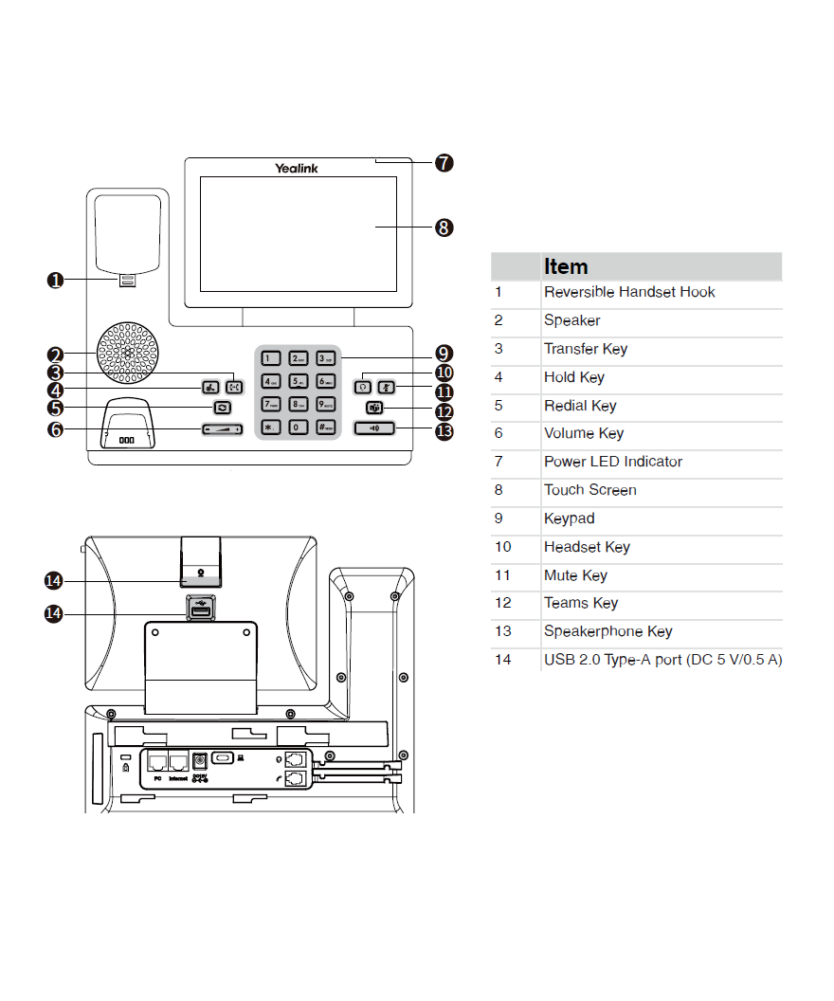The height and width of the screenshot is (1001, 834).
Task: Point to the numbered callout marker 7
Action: coord(444,163)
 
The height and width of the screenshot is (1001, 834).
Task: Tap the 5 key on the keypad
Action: coord(298,382)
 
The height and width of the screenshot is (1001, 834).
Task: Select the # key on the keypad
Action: coord(325,427)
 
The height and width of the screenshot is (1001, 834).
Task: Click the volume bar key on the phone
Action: coord(222,429)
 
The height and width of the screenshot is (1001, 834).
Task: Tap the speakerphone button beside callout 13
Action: coord(376,428)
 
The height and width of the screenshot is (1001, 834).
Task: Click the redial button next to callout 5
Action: coord(222,407)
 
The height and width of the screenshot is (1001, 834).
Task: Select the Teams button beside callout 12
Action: coord(375,408)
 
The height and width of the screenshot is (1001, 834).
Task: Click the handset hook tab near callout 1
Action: coord(127,281)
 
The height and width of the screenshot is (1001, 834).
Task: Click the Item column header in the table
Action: coord(566,267)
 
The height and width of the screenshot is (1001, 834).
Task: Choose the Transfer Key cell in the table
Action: coord(585,349)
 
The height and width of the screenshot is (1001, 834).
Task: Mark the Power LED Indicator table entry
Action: coord(612,462)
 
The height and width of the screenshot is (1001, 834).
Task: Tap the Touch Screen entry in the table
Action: coord(589,490)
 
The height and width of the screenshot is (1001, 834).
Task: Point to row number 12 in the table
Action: coord(502,603)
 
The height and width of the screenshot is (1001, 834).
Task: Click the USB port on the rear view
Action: coord(200,612)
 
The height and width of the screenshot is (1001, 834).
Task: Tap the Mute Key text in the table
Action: coord(575,575)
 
